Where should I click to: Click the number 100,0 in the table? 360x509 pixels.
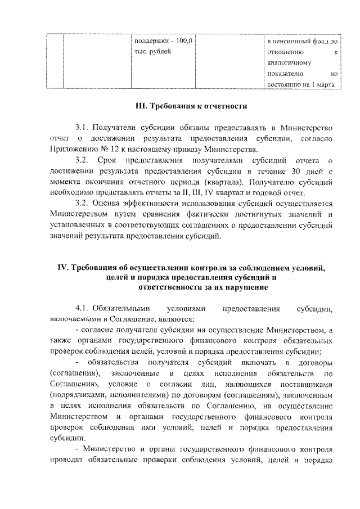click(183, 41)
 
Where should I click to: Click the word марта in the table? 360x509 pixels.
click(326, 85)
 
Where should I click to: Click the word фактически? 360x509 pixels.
click(188, 215)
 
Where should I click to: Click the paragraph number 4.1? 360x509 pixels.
click(82, 309)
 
